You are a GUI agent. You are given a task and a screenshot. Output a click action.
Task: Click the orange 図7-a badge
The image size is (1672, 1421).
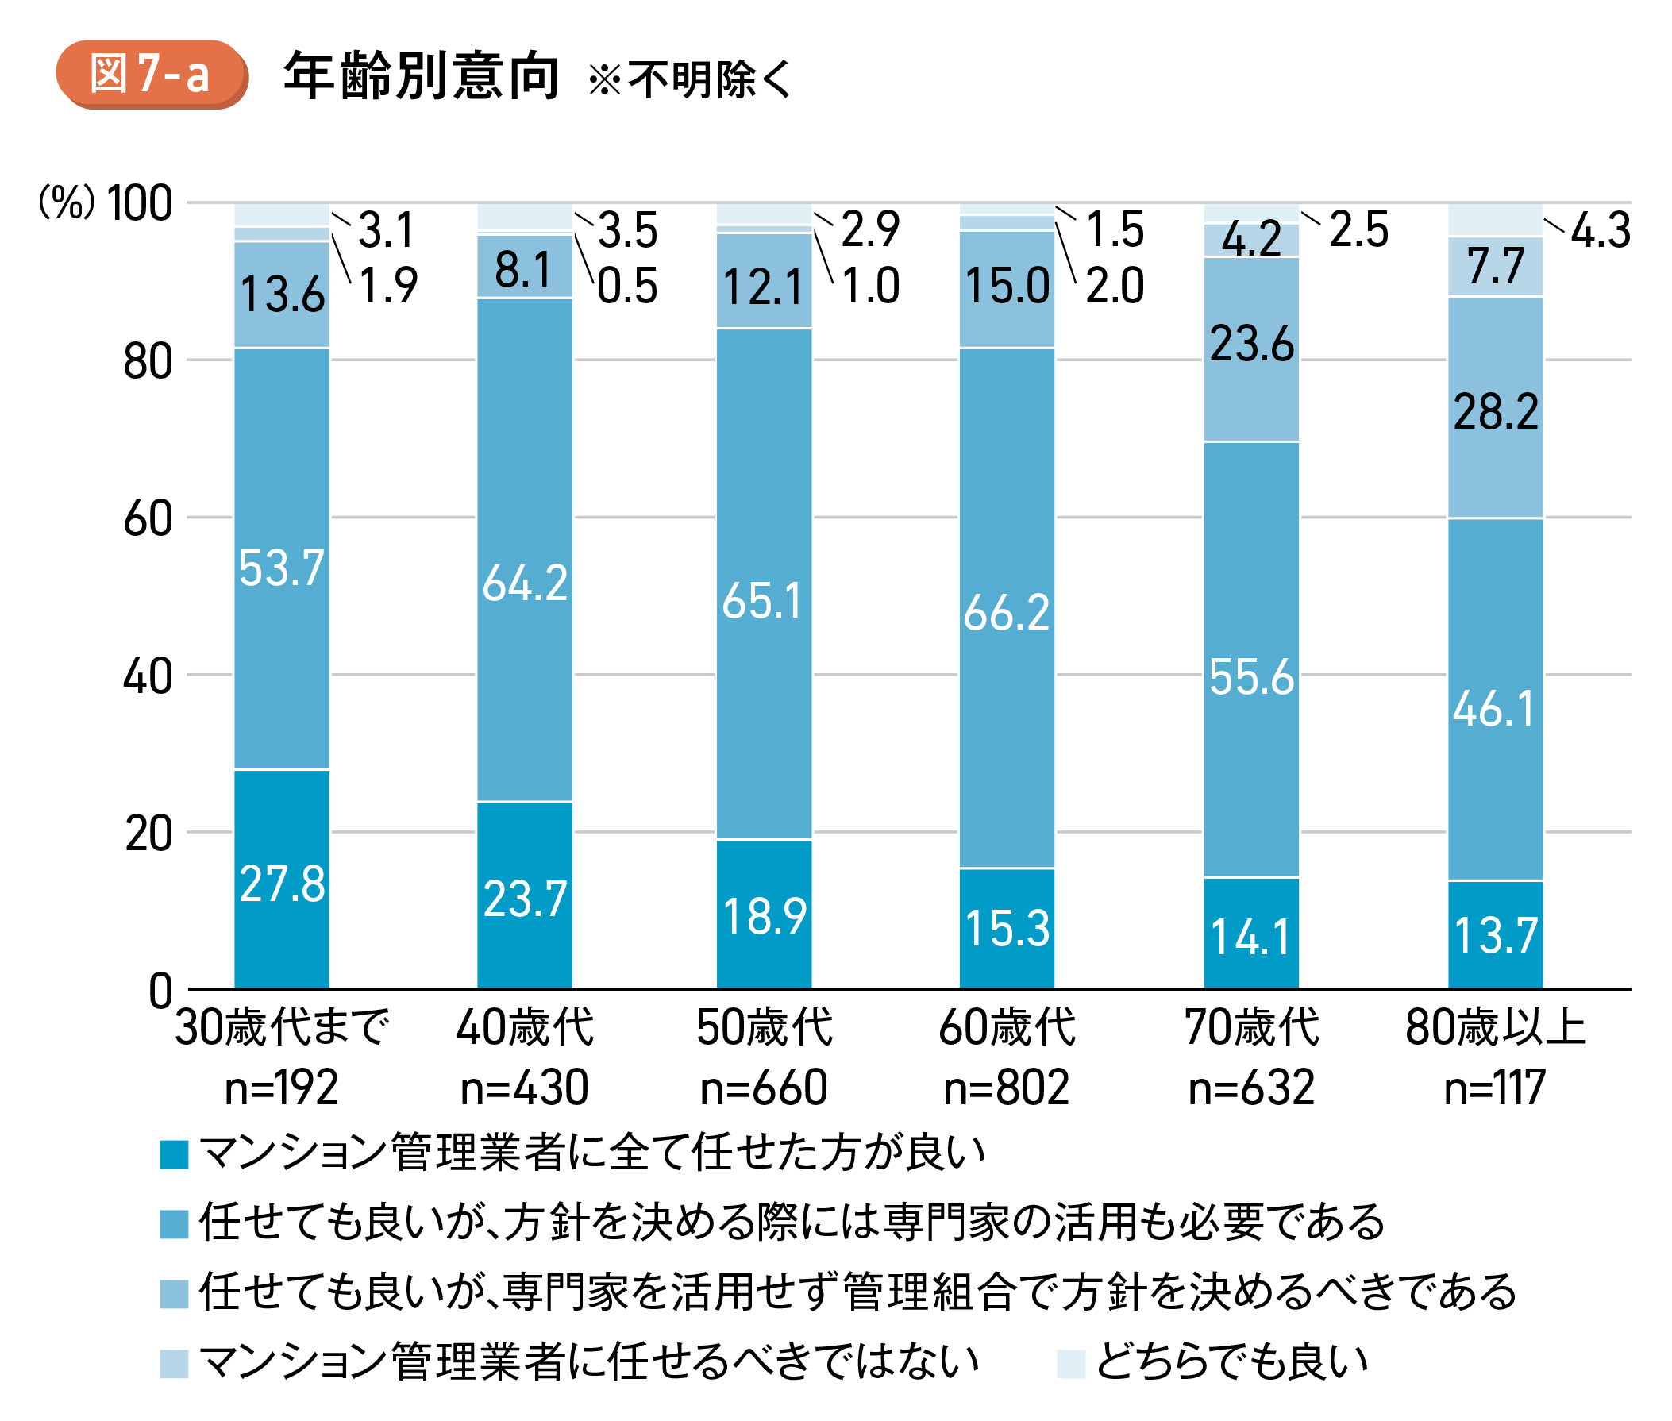coord(151,74)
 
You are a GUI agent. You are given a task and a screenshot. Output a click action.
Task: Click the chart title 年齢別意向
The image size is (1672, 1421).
coord(421,76)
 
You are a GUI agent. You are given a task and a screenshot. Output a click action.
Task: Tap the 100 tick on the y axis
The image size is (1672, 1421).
coord(140,203)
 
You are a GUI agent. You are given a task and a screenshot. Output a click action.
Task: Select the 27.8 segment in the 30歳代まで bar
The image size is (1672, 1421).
coord(282,883)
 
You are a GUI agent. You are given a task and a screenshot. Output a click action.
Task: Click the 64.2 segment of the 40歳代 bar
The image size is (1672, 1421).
coord(525,583)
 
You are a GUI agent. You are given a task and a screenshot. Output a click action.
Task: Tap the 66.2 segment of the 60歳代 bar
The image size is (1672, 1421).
coord(1007,612)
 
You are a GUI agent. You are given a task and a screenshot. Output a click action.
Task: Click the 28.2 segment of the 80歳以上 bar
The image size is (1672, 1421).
coord(1496,412)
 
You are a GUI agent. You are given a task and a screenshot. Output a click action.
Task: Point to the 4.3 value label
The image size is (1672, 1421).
coord(1601,230)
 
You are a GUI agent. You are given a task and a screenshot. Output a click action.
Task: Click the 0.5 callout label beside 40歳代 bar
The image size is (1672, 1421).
coord(627,286)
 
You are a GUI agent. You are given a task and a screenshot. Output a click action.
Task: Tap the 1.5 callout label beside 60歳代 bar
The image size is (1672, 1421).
coord(1115,229)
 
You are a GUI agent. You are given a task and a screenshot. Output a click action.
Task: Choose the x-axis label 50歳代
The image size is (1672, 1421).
coord(764,1028)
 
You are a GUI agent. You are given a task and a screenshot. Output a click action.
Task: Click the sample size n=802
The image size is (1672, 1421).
coord(1007,1087)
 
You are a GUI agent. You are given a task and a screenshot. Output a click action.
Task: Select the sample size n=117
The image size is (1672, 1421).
coord(1495,1087)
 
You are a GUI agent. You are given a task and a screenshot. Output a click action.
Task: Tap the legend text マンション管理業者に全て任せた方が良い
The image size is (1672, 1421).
coord(592,1153)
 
